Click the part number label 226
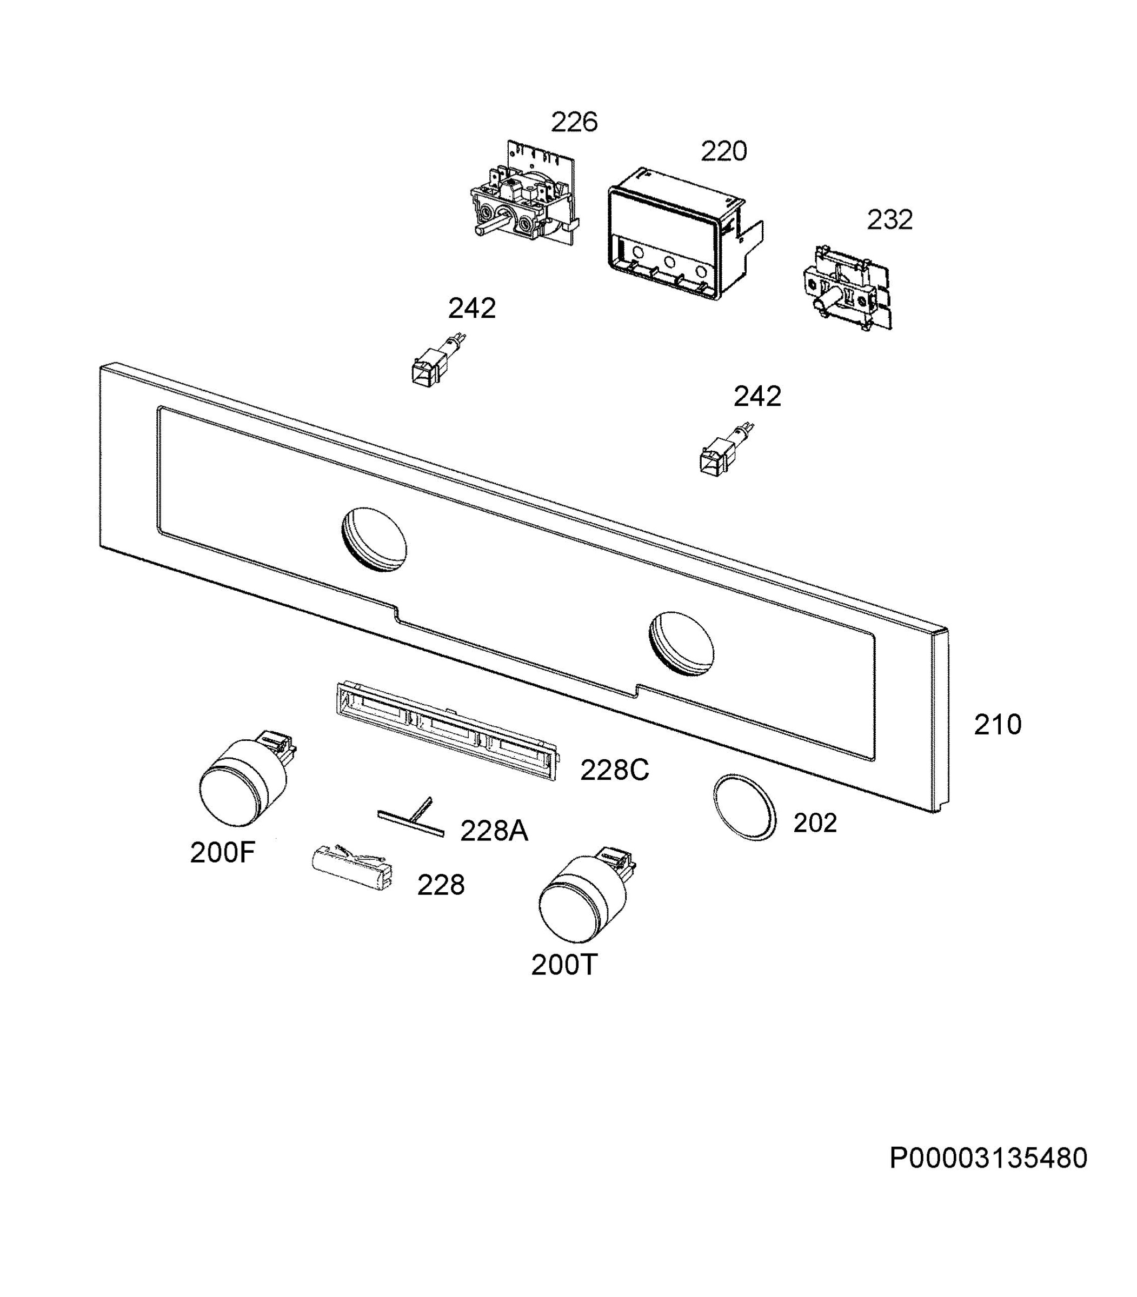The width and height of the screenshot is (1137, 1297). pyautogui.click(x=574, y=123)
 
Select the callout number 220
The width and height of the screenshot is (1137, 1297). pyautogui.click(x=723, y=151)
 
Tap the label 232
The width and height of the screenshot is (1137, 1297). pyautogui.click(x=889, y=220)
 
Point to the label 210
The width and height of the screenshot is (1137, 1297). pyautogui.click(x=998, y=724)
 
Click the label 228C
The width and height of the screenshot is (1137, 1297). pyautogui.click(x=614, y=771)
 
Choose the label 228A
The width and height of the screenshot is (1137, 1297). pyautogui.click(x=494, y=831)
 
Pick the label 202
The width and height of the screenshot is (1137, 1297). pyautogui.click(x=815, y=823)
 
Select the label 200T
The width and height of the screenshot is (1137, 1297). pyautogui.click(x=564, y=965)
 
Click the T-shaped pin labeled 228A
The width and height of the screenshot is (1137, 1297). pyautogui.click(x=411, y=819)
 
